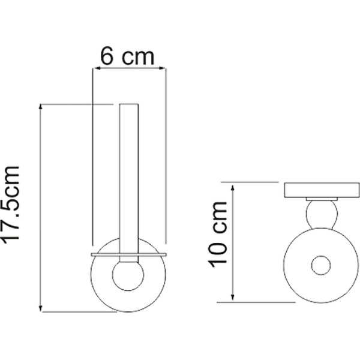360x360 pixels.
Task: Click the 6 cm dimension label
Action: (127, 57)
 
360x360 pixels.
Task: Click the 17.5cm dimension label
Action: (11, 203)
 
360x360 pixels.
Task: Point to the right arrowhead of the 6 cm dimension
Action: (162, 68)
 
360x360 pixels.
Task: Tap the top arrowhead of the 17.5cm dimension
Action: (41, 107)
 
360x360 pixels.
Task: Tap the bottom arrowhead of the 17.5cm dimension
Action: (41, 308)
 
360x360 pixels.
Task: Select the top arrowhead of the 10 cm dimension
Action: (232, 188)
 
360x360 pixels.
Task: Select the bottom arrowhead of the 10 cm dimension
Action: (232, 297)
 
